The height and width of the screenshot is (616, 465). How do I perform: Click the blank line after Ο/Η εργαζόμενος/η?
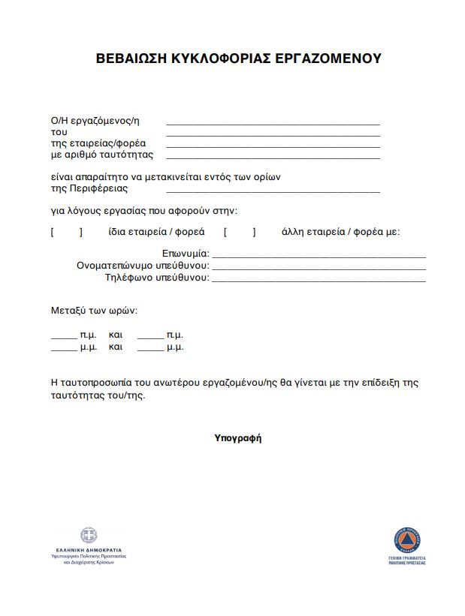point(273,122)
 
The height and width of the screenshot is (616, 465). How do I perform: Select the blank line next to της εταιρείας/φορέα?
point(273,146)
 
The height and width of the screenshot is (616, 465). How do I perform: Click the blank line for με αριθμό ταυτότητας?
point(273,158)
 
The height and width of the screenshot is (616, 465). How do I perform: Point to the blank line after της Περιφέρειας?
point(273,191)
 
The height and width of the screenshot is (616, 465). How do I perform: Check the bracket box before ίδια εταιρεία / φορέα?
point(66,232)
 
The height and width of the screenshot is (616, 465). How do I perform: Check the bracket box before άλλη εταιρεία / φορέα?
point(240,232)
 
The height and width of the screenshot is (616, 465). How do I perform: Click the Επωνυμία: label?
point(186,254)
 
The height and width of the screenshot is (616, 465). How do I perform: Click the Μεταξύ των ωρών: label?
point(94,310)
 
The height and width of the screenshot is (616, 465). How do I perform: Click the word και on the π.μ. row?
point(116,335)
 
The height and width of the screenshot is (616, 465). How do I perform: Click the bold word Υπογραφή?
point(238,437)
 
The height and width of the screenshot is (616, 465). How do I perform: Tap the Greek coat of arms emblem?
point(89,536)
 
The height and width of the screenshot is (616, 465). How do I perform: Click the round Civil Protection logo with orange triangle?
point(407,539)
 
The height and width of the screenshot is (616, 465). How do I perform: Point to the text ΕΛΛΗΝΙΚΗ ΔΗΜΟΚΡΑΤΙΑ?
point(89,550)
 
